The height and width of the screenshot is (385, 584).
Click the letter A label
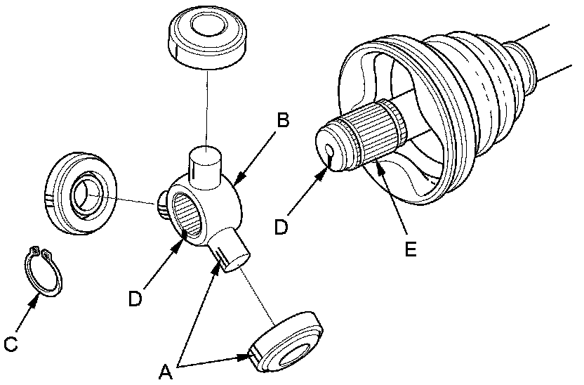[x=166, y=371]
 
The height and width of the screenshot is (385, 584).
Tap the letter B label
[x=283, y=120]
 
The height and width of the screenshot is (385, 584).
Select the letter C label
[x=11, y=344]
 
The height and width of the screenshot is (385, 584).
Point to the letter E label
[x=411, y=248]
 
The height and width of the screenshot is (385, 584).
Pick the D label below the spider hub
[x=135, y=298]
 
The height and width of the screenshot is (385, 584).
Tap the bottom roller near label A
[x=288, y=344]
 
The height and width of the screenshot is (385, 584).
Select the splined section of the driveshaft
[x=380, y=133]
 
